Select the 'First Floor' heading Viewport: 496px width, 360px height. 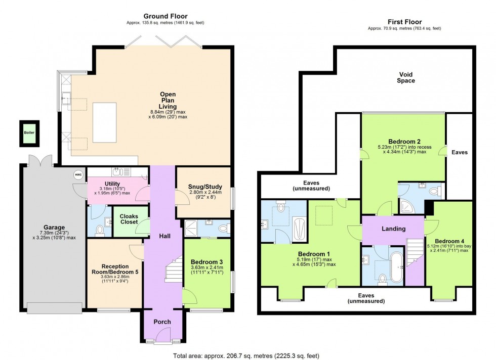(x=404, y=22)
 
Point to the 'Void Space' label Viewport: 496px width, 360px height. (x=406, y=77)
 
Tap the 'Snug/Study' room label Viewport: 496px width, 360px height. (x=204, y=186)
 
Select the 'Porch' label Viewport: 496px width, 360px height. (x=162, y=322)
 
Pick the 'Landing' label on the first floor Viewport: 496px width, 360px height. (x=393, y=229)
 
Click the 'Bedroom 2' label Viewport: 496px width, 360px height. (x=403, y=141)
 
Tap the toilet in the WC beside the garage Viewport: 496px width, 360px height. (x=99, y=230)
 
